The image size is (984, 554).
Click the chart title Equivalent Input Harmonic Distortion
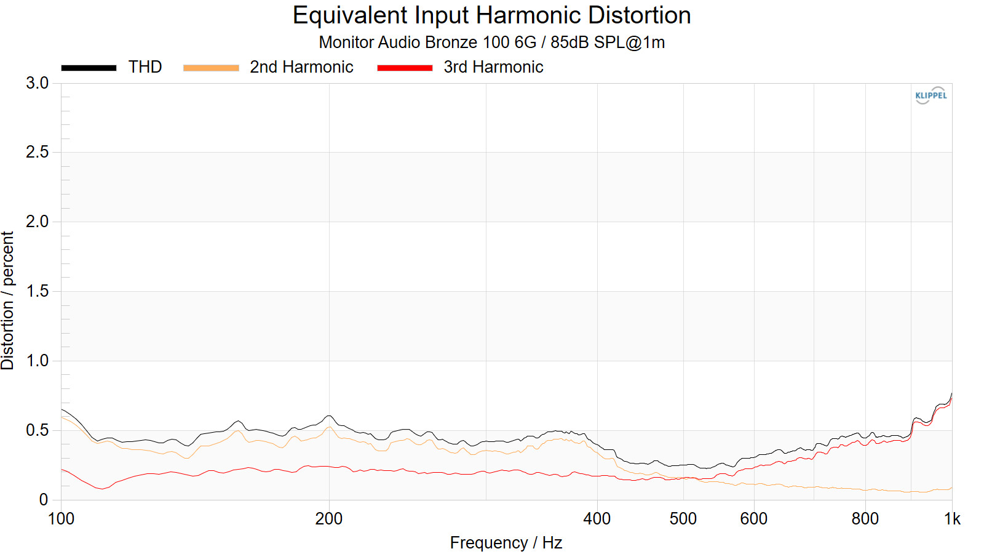point(491,15)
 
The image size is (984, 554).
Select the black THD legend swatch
point(89,68)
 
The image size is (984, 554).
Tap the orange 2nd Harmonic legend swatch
point(211,68)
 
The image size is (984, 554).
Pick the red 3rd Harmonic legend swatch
point(405,68)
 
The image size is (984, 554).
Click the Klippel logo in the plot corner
point(930,95)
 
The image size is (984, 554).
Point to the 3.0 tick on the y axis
point(38,83)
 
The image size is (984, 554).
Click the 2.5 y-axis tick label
point(38,152)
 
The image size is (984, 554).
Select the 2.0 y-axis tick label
point(38,222)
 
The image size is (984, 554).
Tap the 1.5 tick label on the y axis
point(38,291)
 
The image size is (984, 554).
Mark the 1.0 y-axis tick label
point(38,361)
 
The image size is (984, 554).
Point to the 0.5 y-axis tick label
point(38,430)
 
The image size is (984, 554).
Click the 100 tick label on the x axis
point(61,519)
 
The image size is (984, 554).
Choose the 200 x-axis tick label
point(329,519)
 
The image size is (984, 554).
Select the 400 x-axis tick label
point(597,519)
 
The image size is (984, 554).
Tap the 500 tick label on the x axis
point(683,519)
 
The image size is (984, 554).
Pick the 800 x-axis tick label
point(865,519)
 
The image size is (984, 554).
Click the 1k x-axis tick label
point(952,519)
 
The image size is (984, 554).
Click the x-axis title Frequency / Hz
point(506,543)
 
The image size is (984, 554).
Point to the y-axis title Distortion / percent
point(8,300)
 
